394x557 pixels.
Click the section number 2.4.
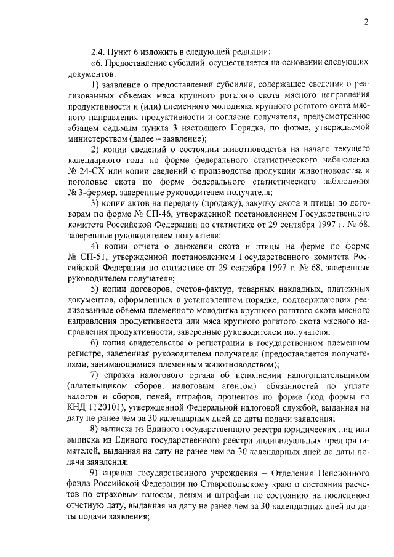click(x=98, y=51)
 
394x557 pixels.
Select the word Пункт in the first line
click(x=125, y=51)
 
